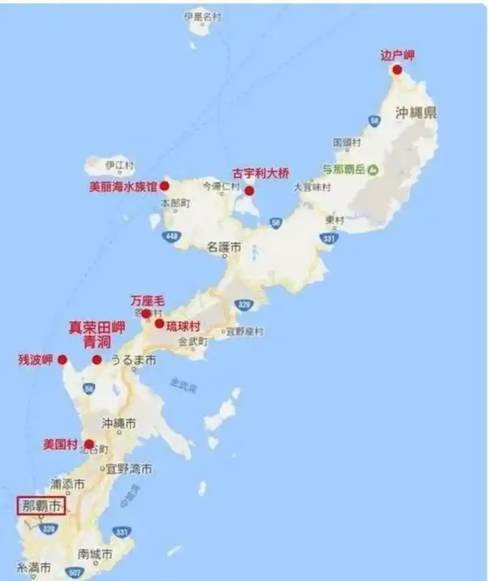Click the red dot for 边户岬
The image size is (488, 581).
click(x=397, y=70)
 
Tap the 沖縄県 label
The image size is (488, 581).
click(x=416, y=113)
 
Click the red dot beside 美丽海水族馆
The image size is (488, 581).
click(x=165, y=185)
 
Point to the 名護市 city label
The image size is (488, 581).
click(x=224, y=247)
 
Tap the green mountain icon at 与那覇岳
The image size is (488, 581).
click(x=373, y=168)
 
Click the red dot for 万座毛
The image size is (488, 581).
click(x=146, y=314)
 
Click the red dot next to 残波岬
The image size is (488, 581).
click(x=62, y=359)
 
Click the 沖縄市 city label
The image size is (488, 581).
click(x=118, y=423)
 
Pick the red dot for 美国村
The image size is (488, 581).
click(x=89, y=444)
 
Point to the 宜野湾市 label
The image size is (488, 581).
click(x=129, y=469)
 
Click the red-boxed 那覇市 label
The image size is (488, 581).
click(x=40, y=505)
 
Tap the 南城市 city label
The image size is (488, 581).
click(x=95, y=554)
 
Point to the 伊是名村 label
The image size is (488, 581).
click(x=202, y=16)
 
